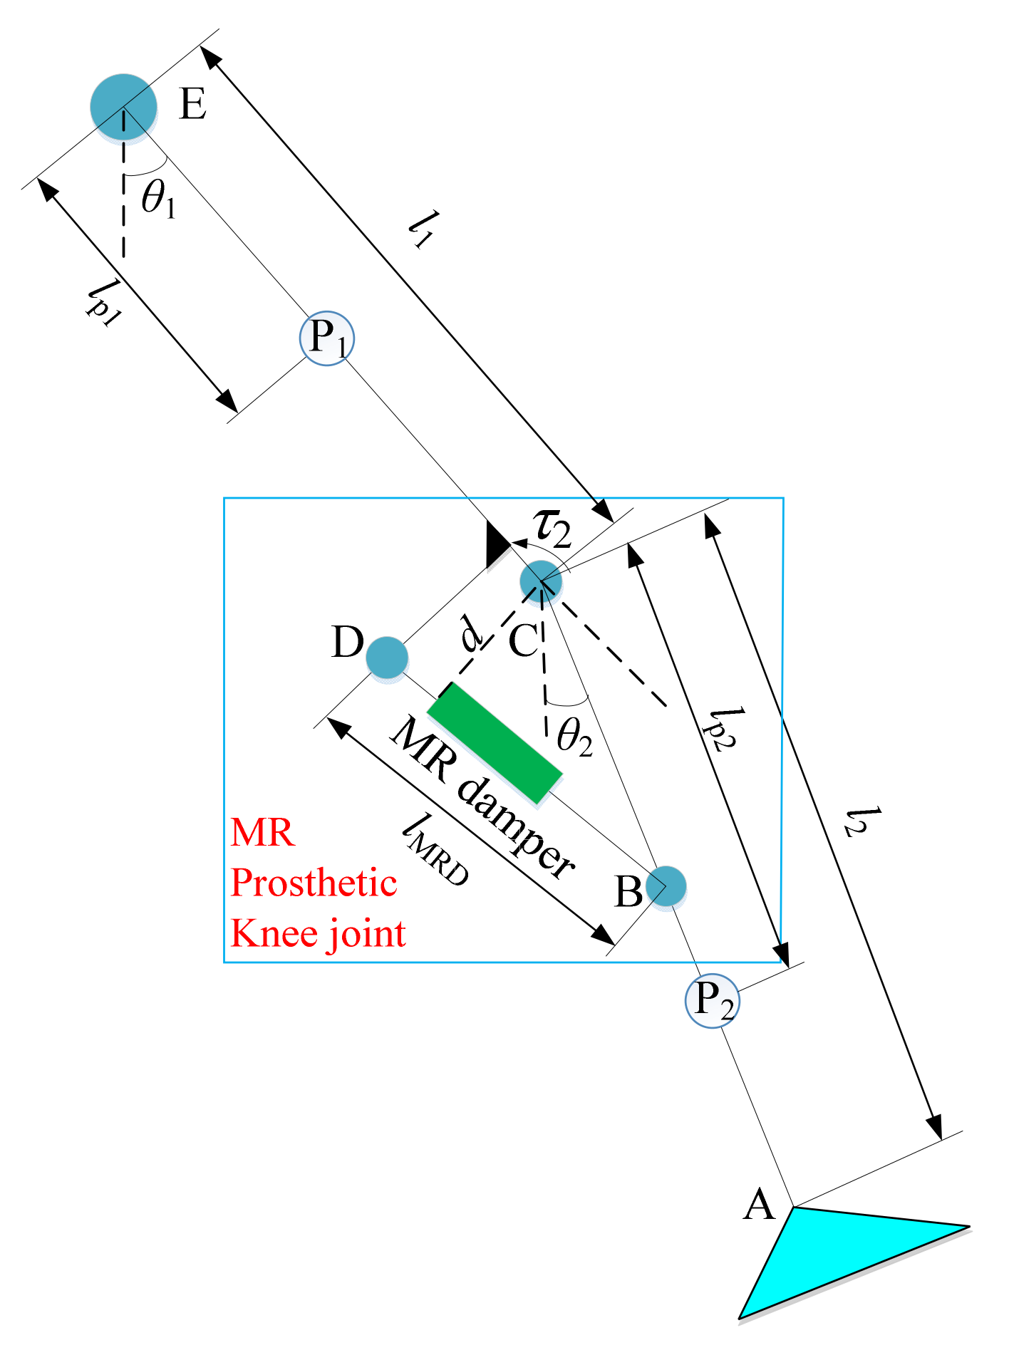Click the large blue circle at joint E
coord(123,107)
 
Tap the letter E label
coord(192,104)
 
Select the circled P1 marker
coord(326,338)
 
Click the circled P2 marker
coord(712,1001)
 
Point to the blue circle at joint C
coord(541,581)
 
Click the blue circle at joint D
coord(387,657)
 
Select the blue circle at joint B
coord(666,887)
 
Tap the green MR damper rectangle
coord(495,743)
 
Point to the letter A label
coord(758,1205)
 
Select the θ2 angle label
coord(574,736)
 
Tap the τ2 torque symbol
coord(553,528)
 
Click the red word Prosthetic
coord(314,883)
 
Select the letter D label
coord(348,643)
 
